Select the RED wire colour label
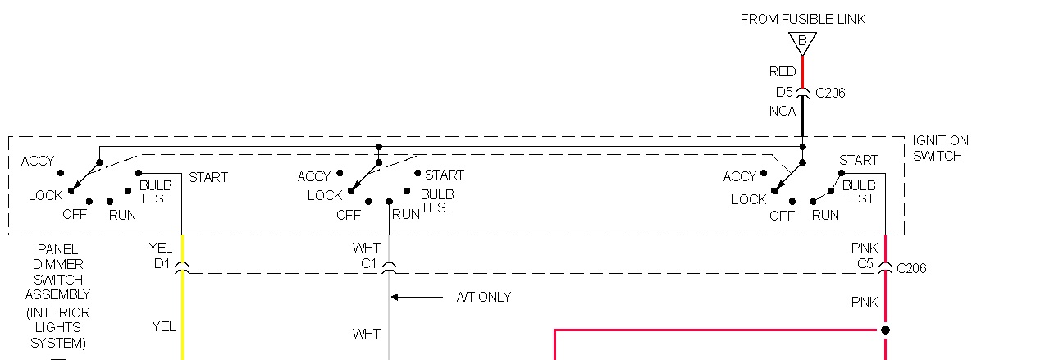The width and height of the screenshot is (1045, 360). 783,71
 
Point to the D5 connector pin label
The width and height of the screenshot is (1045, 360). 784,92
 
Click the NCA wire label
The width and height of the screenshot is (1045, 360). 782,111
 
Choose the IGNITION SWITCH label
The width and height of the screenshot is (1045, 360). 940,148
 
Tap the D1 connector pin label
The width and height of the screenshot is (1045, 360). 161,263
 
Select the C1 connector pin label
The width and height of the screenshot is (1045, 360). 367,263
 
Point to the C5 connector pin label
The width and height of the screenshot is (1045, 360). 865,263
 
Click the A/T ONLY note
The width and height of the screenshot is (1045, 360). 483,297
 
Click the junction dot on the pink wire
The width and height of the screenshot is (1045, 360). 884,330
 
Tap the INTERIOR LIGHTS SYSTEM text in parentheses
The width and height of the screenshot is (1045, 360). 57,327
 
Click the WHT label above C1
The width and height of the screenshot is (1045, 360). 366,248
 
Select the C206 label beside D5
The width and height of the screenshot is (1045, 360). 830,93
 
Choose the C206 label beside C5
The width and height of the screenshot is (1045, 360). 911,268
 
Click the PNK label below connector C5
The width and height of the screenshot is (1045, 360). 865,303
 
